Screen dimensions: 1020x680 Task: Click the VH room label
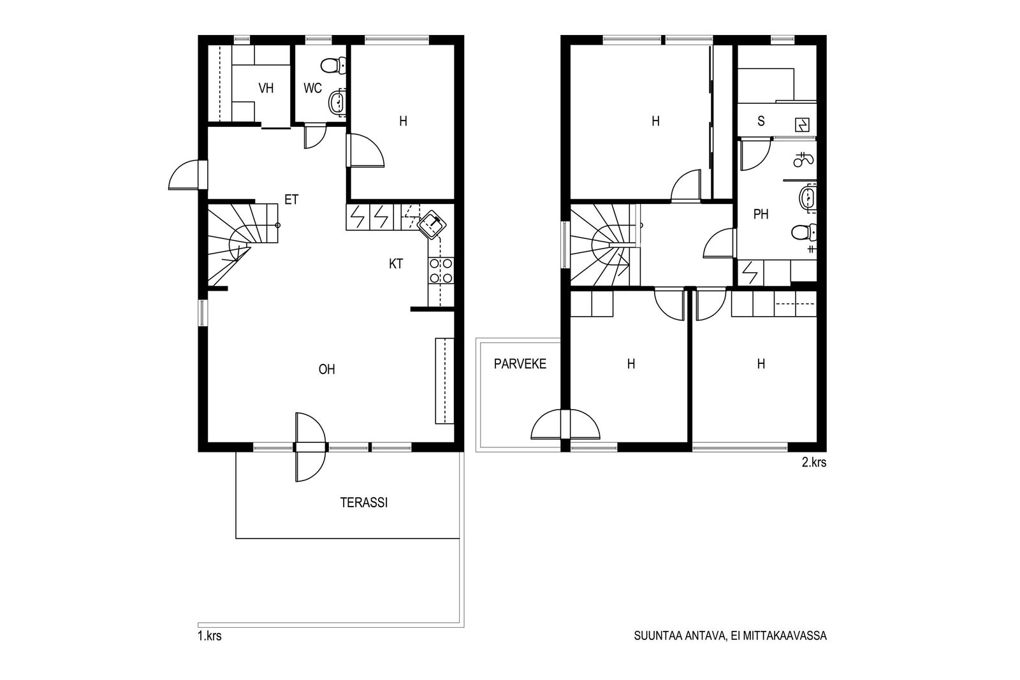(266, 88)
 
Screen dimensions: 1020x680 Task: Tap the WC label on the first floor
(313, 88)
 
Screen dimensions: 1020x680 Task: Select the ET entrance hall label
(291, 199)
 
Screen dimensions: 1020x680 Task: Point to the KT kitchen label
(396, 264)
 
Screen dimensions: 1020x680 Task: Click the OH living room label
(327, 369)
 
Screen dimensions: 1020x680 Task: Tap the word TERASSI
(364, 502)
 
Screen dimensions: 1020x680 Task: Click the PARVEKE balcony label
(520, 364)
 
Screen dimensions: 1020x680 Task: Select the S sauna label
(761, 121)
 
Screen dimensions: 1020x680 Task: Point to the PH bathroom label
(761, 214)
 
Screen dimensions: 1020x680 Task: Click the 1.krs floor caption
(210, 636)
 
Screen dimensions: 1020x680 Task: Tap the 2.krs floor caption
(814, 463)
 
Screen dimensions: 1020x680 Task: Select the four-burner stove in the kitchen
(441, 270)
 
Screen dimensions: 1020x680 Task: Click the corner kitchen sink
(431, 224)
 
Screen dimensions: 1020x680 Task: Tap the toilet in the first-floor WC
(334, 66)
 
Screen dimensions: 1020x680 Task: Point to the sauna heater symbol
(802, 124)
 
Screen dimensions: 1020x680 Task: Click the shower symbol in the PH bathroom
(804, 160)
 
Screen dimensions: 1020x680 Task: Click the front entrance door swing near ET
(185, 175)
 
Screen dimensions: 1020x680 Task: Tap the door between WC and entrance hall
(315, 136)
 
